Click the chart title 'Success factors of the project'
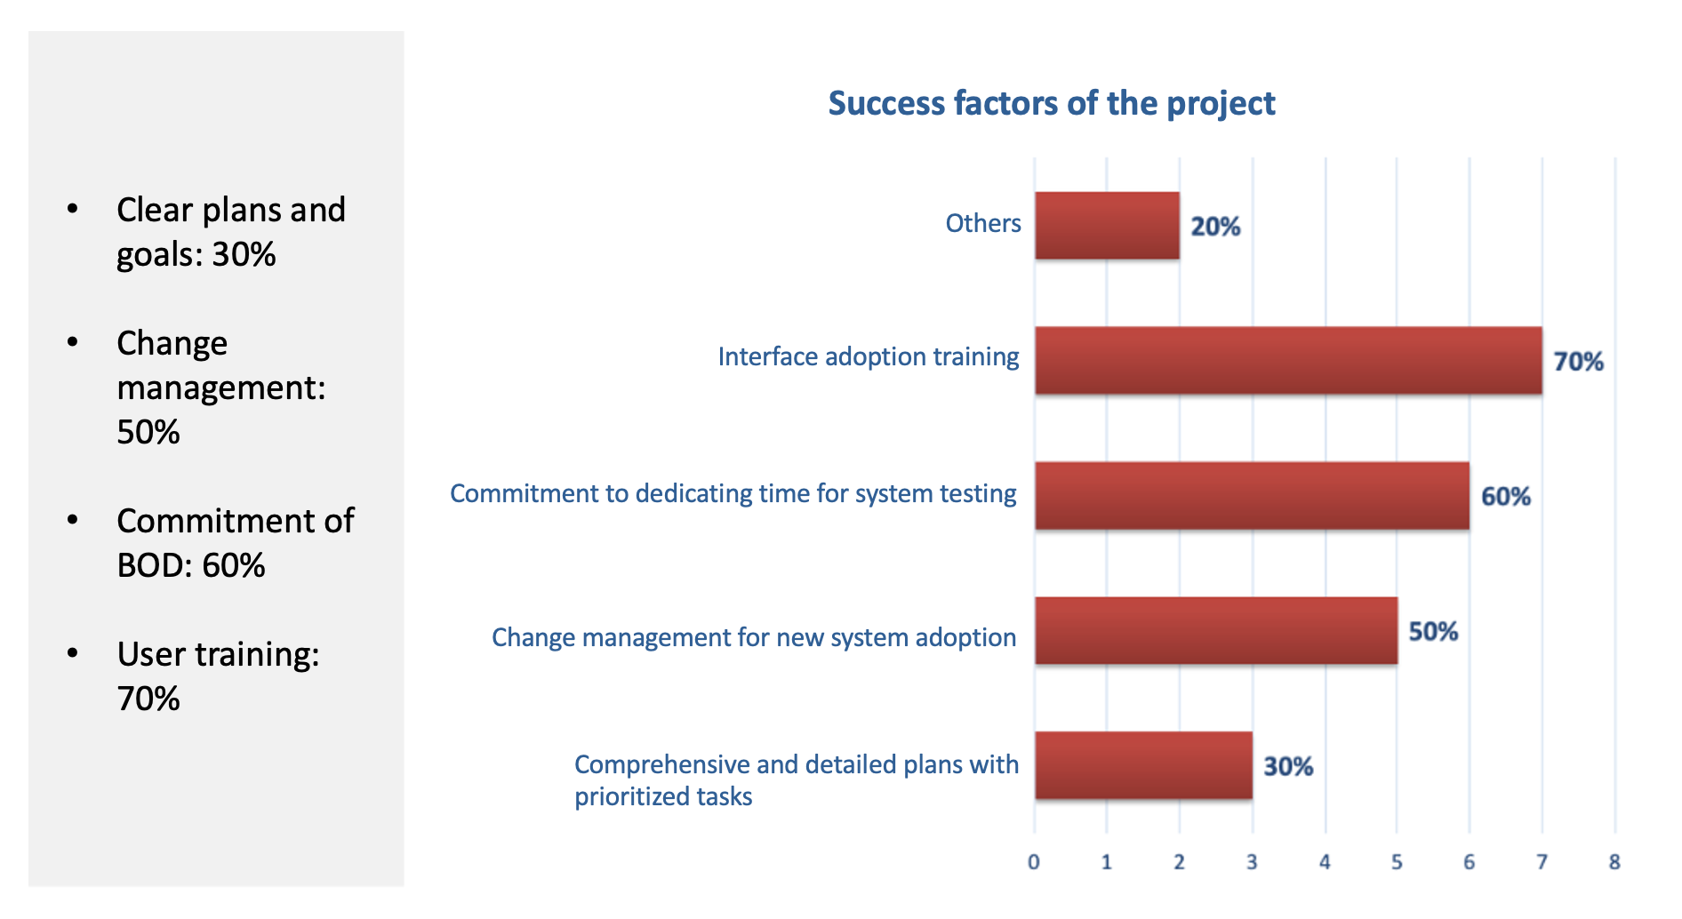[x=1052, y=104]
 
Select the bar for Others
[x=1107, y=226]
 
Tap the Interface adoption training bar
[x=1288, y=361]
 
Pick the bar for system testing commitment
[x=1252, y=496]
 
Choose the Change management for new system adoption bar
[x=1216, y=631]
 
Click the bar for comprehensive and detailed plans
[x=1143, y=766]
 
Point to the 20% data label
[x=1215, y=227]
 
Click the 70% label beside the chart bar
[x=1578, y=362]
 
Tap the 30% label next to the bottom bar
[x=1288, y=766]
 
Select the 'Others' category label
[x=983, y=223]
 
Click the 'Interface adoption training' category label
[x=869, y=356]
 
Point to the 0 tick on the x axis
[x=1034, y=862]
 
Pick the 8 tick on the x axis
[x=1614, y=862]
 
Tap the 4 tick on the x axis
[x=1325, y=862]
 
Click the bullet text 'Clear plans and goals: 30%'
[x=231, y=232]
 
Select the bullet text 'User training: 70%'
[x=218, y=676]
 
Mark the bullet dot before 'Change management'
[x=73, y=342]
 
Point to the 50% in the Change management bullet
[x=148, y=432]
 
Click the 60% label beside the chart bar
[x=1506, y=497]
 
